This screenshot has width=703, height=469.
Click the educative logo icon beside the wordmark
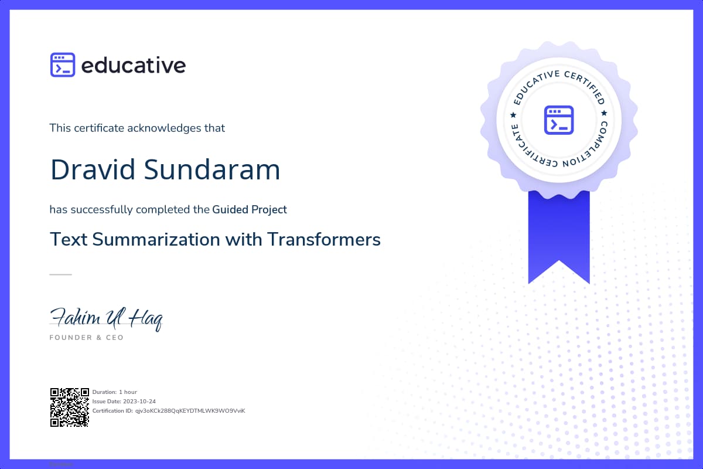(63, 65)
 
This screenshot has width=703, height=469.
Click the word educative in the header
(134, 65)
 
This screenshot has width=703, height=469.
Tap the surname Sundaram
(212, 169)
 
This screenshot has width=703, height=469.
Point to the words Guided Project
(250, 209)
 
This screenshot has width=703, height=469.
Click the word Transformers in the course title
(324, 239)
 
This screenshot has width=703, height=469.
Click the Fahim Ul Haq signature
(106, 318)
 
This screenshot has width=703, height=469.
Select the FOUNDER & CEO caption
(87, 338)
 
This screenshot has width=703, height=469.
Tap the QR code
(69, 407)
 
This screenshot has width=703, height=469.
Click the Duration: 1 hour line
(115, 392)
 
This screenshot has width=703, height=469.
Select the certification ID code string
(190, 410)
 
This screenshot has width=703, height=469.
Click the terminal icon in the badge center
(558, 120)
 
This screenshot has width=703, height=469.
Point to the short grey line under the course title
(60, 274)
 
